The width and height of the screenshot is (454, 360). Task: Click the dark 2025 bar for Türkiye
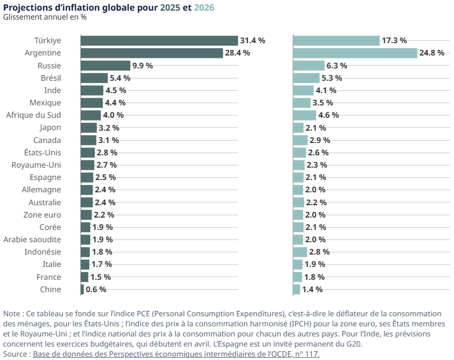[159, 40]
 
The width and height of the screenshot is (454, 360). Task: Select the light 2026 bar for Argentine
[355, 53]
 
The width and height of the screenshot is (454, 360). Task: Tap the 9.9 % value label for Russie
[143, 66]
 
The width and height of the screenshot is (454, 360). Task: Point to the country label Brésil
[51, 78]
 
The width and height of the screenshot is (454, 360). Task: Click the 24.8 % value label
[432, 53]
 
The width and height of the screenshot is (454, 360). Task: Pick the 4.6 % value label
[328, 115]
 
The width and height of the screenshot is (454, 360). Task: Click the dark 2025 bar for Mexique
[92, 103]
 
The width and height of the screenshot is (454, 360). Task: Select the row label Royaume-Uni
[36, 165]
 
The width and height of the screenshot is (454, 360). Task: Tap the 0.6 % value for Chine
[96, 289]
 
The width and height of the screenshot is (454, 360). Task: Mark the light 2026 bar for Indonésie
[300, 252]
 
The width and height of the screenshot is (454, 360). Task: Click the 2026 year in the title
[204, 7]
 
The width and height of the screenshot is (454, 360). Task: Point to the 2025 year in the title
[171, 7]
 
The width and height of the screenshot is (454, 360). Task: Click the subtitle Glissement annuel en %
[45, 17]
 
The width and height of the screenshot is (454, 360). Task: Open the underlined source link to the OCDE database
[176, 354]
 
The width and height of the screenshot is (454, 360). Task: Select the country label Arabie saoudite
[33, 239]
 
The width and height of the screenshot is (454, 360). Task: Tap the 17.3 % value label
[395, 40]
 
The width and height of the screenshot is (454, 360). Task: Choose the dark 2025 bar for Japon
[89, 127]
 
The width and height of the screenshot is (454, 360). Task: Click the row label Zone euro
[42, 215]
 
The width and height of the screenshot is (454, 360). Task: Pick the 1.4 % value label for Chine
[312, 289]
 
